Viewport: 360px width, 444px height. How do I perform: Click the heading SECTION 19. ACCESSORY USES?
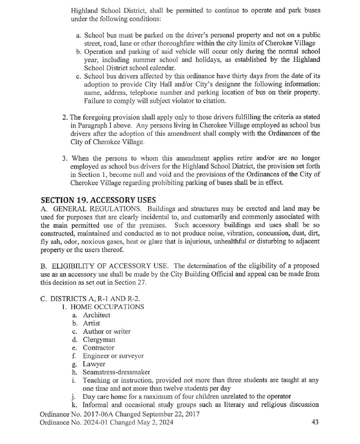pyautogui.click(x=98, y=200)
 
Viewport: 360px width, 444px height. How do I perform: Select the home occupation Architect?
pyautogui.click(x=96, y=315)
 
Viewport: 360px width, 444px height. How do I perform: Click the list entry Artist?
pyautogui.click(x=91, y=323)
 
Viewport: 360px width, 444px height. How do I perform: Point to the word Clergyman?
pyautogui.click(x=99, y=340)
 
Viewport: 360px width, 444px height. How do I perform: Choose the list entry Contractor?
pyautogui.click(x=99, y=348)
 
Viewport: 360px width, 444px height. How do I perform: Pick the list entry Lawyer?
pyautogui.click(x=94, y=364)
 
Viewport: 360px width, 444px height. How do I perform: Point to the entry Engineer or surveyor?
pyautogui.click(x=114, y=356)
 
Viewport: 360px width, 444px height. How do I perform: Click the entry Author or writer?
pyautogui.click(x=107, y=331)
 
